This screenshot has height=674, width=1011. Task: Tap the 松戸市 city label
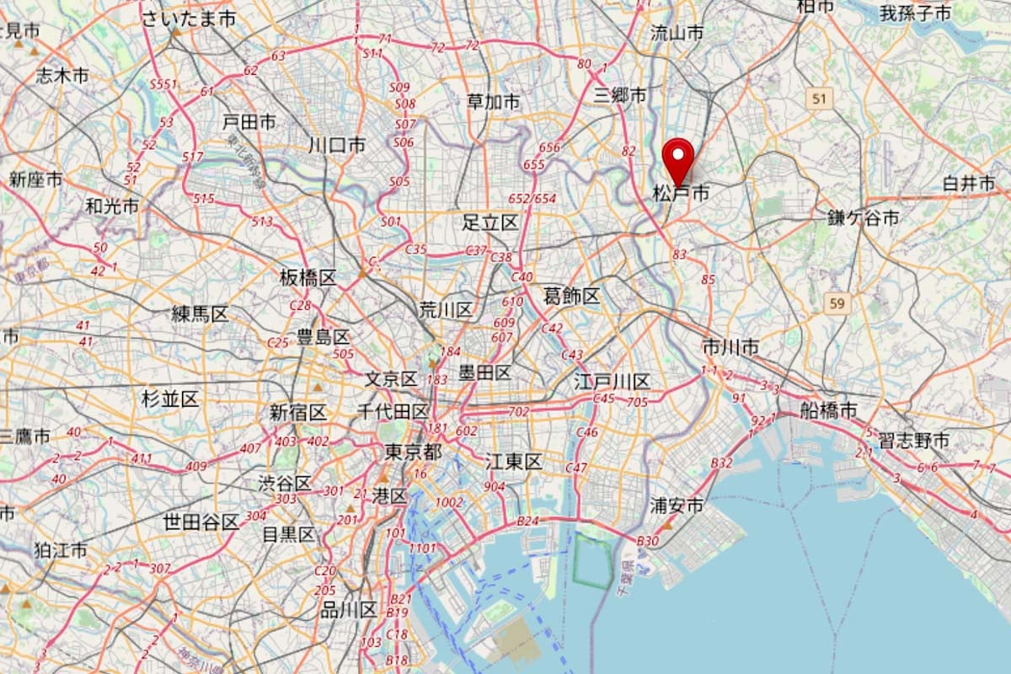(681, 194)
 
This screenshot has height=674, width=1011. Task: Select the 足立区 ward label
(490, 223)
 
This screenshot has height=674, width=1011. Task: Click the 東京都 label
(413, 452)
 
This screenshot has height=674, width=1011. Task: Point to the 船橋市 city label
(828, 410)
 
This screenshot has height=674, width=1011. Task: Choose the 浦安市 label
(677, 505)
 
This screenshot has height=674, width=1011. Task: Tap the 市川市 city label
(730, 347)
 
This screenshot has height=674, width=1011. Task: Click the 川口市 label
(337, 145)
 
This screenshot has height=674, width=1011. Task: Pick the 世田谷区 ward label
(201, 522)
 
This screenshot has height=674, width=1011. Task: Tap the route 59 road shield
(837, 303)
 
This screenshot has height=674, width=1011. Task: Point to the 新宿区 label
(297, 413)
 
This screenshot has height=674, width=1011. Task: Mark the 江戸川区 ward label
(612, 381)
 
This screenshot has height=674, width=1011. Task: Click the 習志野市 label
(913, 440)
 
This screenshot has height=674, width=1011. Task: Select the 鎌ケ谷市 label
(863, 218)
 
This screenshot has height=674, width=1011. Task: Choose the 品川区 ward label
(348, 610)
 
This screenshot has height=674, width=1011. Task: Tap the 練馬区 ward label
(200, 314)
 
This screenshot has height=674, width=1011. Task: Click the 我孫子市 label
(915, 13)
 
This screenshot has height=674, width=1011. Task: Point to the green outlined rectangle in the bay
(594, 560)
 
